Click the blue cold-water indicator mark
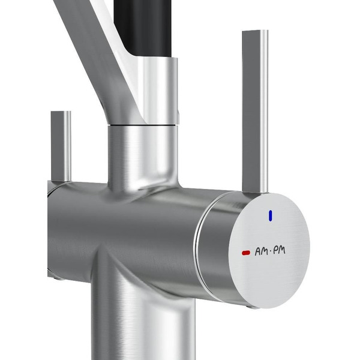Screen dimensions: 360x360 (271, 215)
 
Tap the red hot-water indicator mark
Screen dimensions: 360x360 (246, 253)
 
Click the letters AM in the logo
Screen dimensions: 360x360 (261, 251)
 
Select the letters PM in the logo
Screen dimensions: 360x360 (279, 250)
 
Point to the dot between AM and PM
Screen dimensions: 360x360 (270, 251)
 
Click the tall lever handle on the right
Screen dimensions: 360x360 (255, 112)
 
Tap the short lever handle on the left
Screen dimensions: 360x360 (61, 146)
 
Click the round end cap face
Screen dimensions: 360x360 (269, 250)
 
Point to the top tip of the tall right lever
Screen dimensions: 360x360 (256, 31)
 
